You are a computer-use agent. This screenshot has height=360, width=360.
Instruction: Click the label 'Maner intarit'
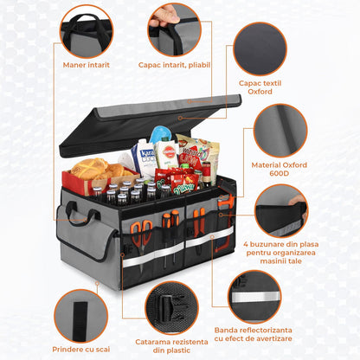[87, 64]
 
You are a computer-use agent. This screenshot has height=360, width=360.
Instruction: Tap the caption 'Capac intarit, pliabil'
[173, 64]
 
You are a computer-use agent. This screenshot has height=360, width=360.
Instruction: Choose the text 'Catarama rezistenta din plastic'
[173, 344]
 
